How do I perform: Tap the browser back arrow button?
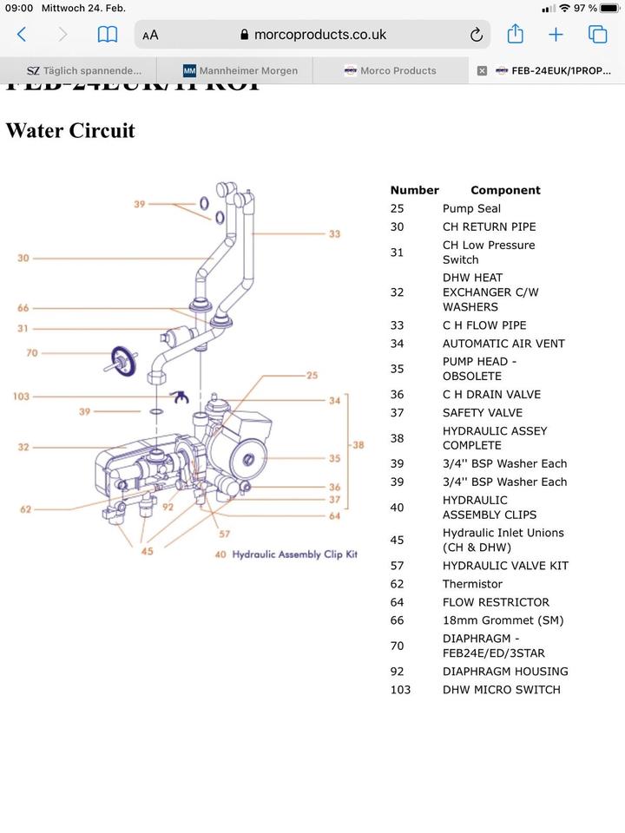(x=22, y=35)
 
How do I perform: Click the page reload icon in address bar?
(x=476, y=35)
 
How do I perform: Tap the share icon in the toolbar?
(x=515, y=35)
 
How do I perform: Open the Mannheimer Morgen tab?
(x=240, y=70)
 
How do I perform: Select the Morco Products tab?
(x=390, y=70)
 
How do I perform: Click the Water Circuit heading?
(x=70, y=130)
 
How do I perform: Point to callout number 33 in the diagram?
(x=334, y=234)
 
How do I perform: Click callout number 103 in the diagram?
(x=21, y=397)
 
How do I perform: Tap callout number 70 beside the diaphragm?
(x=32, y=353)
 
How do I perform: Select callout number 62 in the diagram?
(x=26, y=509)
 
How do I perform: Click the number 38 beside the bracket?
(x=357, y=445)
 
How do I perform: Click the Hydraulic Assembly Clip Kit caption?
(x=294, y=554)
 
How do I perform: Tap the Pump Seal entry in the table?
(x=471, y=208)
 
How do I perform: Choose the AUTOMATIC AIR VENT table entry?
(x=503, y=344)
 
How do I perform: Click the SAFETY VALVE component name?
(x=483, y=413)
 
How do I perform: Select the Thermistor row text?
(x=472, y=584)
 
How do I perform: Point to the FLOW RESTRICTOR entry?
(x=496, y=602)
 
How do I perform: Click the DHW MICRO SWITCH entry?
(x=502, y=690)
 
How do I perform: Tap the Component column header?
(x=505, y=190)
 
